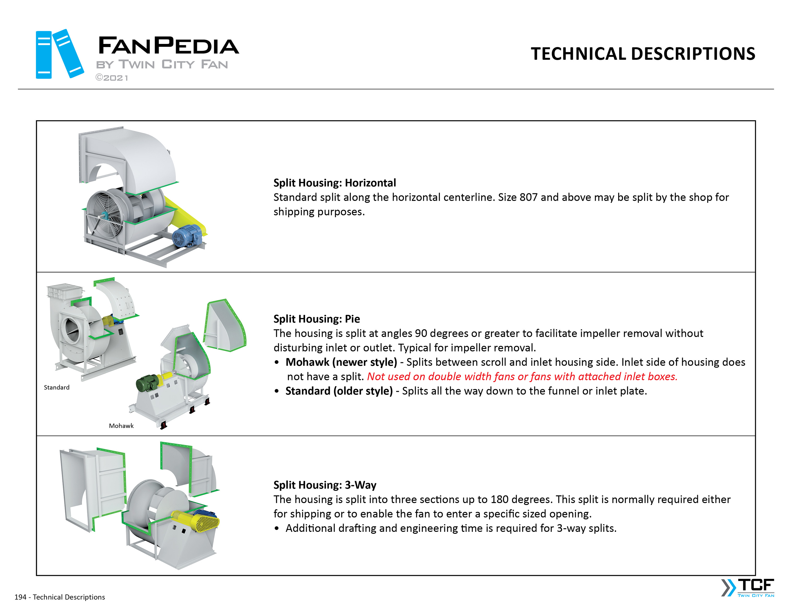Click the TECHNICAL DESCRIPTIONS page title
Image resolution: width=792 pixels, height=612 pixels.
[x=643, y=54]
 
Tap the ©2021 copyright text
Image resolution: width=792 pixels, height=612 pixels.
[x=112, y=78]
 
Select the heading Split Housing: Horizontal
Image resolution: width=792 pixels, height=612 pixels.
[x=334, y=183]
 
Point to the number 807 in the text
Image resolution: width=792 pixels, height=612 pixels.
[x=528, y=197]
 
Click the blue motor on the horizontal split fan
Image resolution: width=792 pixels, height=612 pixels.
[x=187, y=236]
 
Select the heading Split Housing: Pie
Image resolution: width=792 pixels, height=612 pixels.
[x=316, y=319]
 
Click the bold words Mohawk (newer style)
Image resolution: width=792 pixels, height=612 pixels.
[x=341, y=362]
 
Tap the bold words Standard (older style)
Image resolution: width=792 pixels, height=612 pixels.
[x=339, y=391]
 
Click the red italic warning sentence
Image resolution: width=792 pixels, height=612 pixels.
[x=522, y=377]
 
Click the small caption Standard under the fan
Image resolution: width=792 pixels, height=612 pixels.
[x=57, y=387]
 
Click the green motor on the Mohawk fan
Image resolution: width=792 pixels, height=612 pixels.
[x=147, y=383]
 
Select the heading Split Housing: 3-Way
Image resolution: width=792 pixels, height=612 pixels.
[x=325, y=485]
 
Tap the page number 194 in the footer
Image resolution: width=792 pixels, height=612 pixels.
[x=20, y=597]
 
